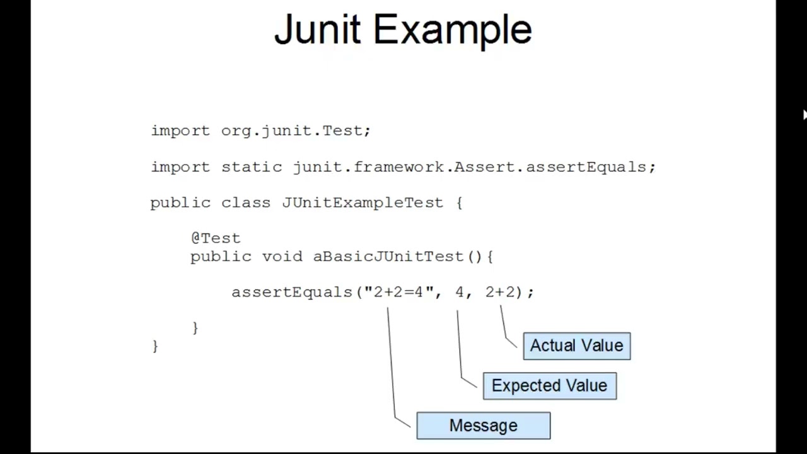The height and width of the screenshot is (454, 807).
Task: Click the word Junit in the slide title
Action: tap(317, 30)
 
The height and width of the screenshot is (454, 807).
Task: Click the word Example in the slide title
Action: tap(453, 30)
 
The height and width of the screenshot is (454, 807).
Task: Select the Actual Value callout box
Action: tap(576, 346)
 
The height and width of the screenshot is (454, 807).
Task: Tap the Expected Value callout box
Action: tap(549, 386)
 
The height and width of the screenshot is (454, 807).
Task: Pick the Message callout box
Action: tap(483, 426)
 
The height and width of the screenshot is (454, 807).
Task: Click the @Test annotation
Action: tap(216, 238)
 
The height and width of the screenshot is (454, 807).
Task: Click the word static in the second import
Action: tap(252, 167)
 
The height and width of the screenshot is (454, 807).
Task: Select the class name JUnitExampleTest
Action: tap(363, 202)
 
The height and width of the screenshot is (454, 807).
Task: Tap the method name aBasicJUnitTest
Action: tap(388, 257)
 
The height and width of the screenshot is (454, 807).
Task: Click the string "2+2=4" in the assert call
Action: tap(398, 292)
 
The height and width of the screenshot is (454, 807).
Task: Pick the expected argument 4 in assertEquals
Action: tap(459, 292)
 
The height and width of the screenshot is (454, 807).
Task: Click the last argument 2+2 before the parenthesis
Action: tap(500, 292)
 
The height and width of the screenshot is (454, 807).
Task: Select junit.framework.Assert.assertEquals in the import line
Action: tap(470, 167)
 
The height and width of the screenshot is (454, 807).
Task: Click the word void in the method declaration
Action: tap(282, 257)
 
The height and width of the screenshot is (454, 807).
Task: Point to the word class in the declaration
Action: tap(246, 202)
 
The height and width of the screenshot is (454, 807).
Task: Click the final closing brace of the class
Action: tap(155, 346)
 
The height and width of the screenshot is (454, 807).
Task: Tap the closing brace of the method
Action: tap(195, 327)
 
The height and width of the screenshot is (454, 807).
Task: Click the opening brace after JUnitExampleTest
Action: tap(459, 202)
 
